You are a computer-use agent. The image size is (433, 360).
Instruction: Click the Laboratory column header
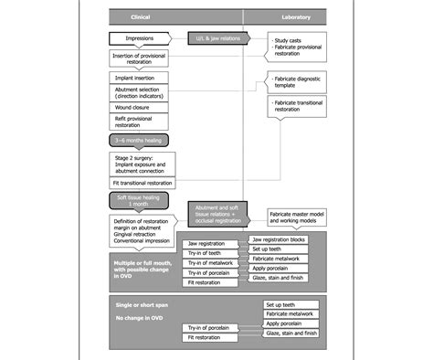pyautogui.click(x=284, y=16)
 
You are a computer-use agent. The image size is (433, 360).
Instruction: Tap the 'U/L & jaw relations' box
pyautogui.click(x=216, y=39)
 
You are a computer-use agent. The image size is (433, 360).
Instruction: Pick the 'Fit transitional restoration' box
pyautogui.click(x=147, y=184)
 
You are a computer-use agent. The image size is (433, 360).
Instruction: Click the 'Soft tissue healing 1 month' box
pyautogui.click(x=138, y=201)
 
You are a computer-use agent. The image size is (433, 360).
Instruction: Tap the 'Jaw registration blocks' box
pyautogui.click(x=284, y=239)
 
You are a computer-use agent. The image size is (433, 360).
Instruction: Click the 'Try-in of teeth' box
pyautogui.click(x=212, y=252)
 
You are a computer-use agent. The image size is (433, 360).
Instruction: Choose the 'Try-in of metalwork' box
pyautogui.click(x=212, y=262)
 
